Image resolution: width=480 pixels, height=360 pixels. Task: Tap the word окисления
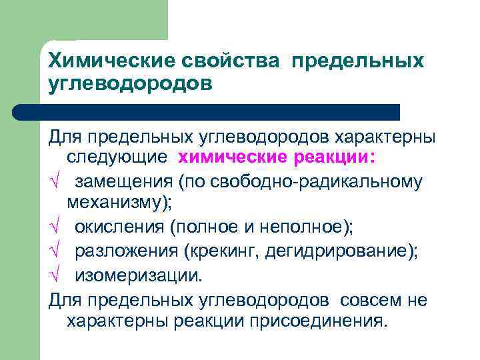pyautogui.click(x=119, y=227)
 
